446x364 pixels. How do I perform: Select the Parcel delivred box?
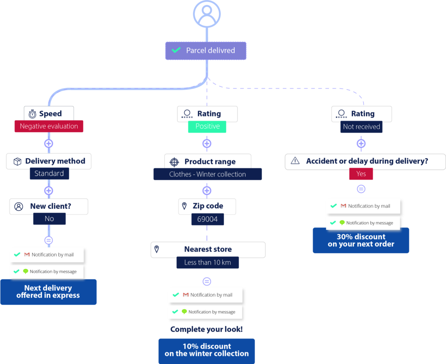[x=206, y=51]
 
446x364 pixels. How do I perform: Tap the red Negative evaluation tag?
[x=49, y=126]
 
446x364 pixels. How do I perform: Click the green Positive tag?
[x=207, y=126]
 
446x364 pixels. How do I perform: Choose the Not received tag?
[x=361, y=127]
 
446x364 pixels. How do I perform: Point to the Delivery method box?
[x=49, y=161]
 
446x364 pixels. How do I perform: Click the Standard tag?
[x=49, y=173]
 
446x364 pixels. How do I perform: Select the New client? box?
[x=49, y=207]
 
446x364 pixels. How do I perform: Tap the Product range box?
[x=208, y=162]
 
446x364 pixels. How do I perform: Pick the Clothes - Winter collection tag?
[x=207, y=174]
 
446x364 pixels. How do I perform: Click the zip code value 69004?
[x=207, y=219]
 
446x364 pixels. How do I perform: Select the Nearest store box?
[x=208, y=250]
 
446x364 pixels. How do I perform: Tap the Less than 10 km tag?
[x=207, y=262]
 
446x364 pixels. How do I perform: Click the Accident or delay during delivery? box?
[x=365, y=161]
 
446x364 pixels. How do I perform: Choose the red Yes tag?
[x=361, y=173]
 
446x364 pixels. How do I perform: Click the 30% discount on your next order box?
[x=361, y=241]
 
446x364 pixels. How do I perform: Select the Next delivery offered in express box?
[x=48, y=292]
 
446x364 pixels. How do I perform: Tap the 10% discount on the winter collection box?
[x=206, y=350]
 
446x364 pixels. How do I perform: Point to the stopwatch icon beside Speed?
[x=33, y=114]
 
